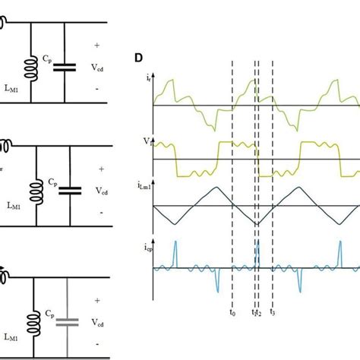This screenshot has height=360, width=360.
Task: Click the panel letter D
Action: point(139,58)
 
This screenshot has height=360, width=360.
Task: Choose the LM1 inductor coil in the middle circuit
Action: point(35,185)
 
